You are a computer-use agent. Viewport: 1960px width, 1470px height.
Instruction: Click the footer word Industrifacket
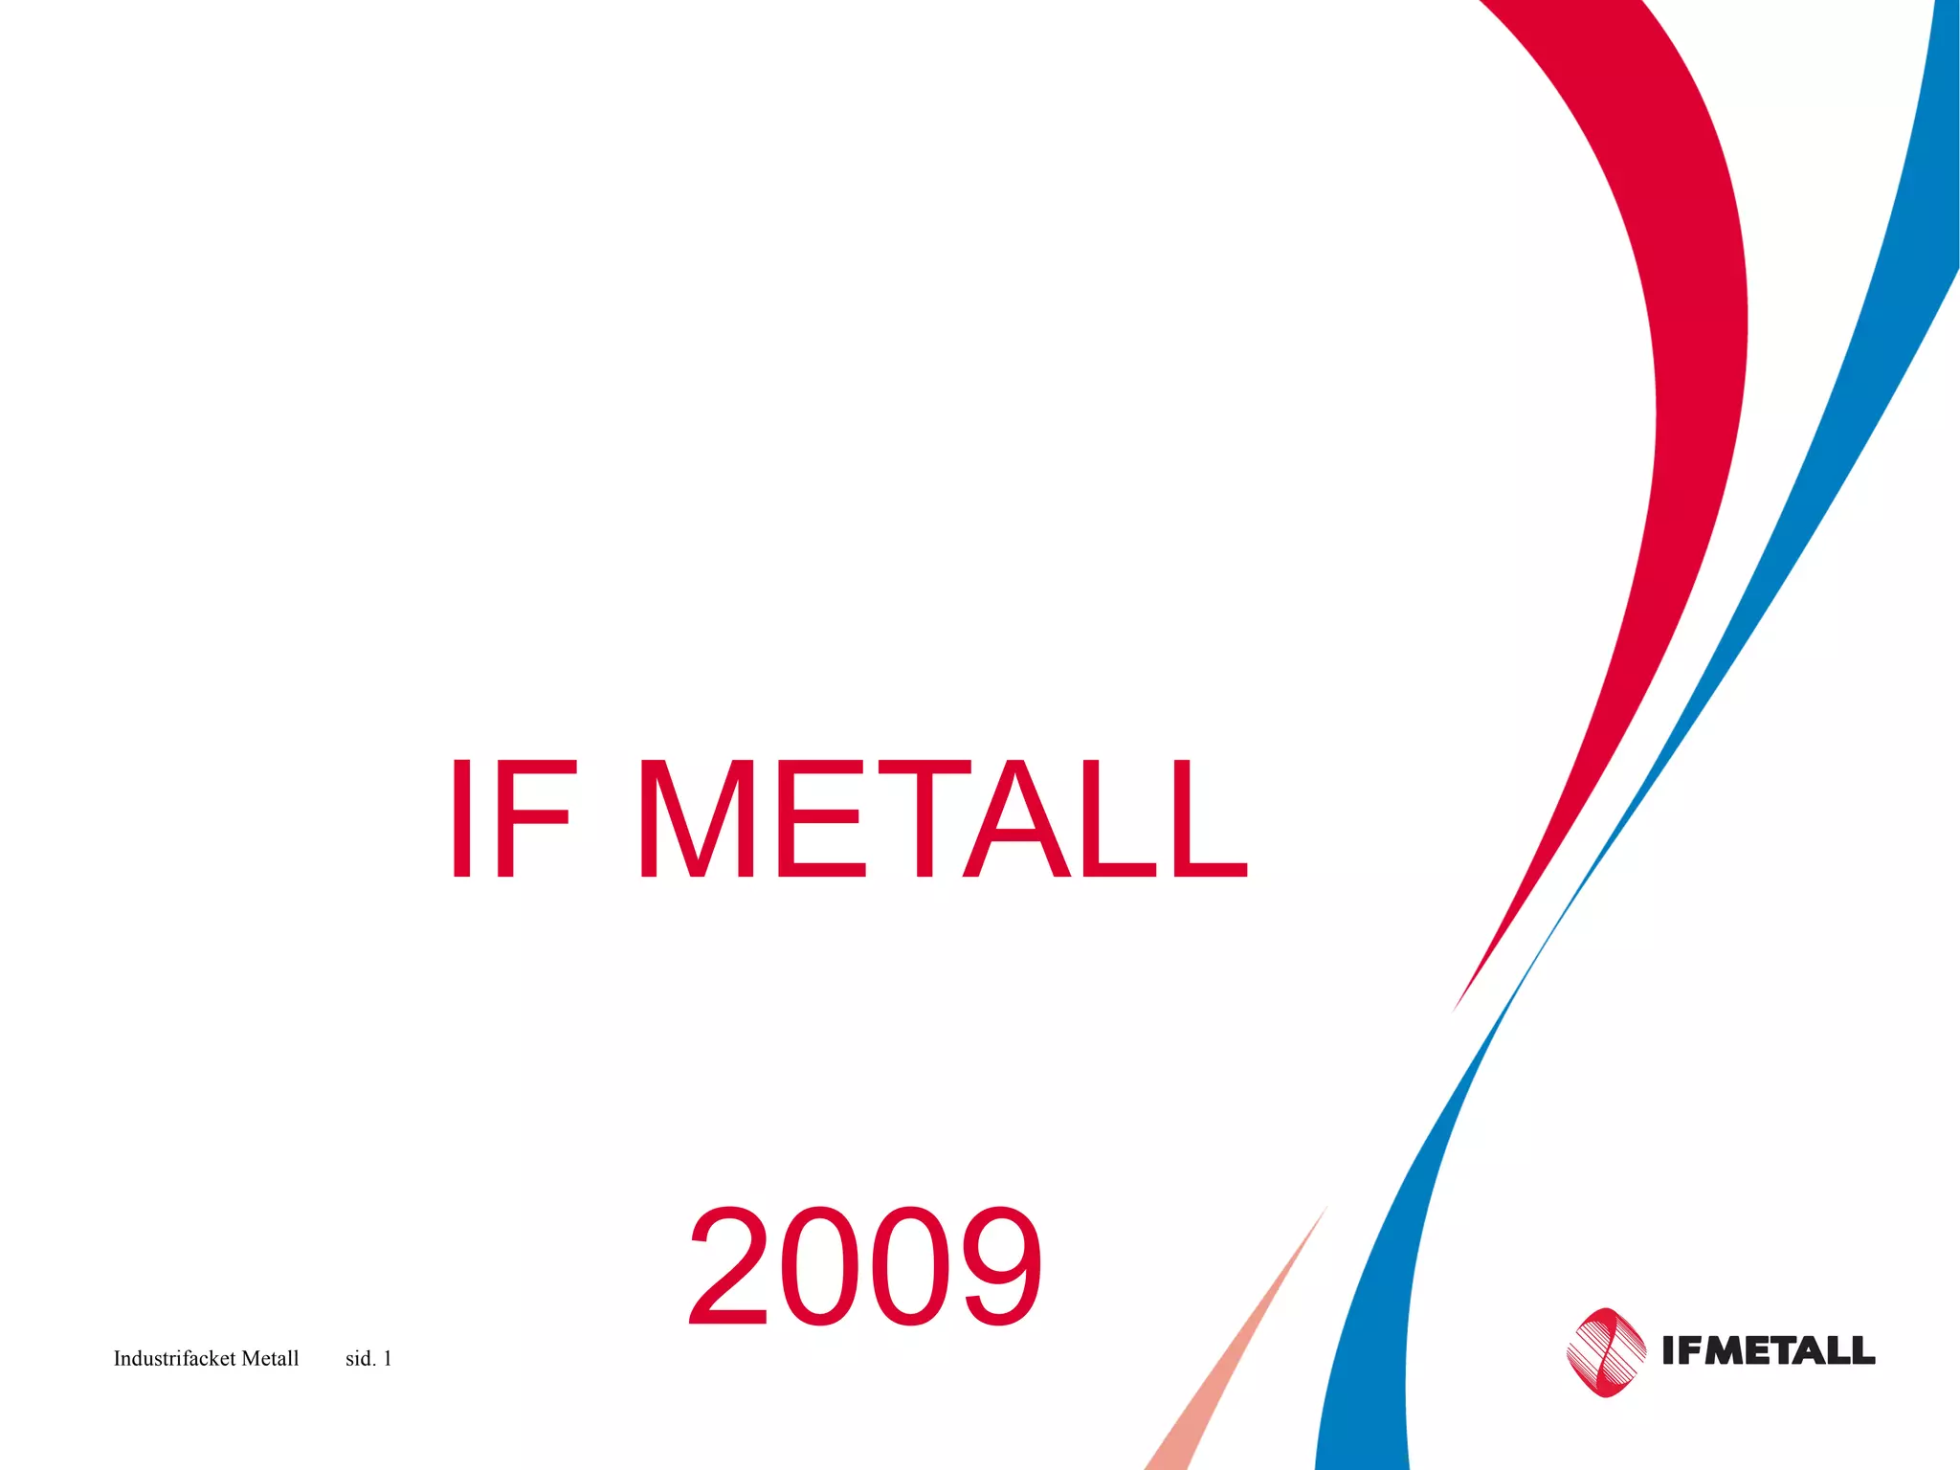coord(174,1358)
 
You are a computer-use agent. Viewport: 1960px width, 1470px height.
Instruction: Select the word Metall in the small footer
coord(270,1358)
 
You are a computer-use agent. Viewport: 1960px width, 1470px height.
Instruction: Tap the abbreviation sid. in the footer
coord(360,1358)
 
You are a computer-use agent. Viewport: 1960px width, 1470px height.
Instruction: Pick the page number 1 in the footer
coord(388,1358)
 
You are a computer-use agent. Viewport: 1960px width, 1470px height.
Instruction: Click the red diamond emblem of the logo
coord(1606,1351)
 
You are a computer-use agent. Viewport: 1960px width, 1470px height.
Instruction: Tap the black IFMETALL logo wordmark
coord(1769,1350)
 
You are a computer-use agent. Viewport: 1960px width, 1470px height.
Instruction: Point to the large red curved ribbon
coord(1684,383)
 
